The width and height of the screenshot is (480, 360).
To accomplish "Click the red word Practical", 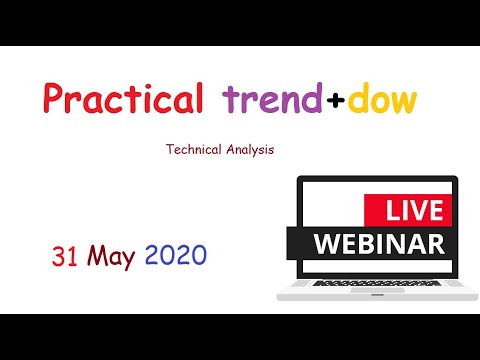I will click(123, 101).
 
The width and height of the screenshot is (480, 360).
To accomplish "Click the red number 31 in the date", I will click(65, 257).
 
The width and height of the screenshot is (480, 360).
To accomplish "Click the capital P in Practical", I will click(53, 100).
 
